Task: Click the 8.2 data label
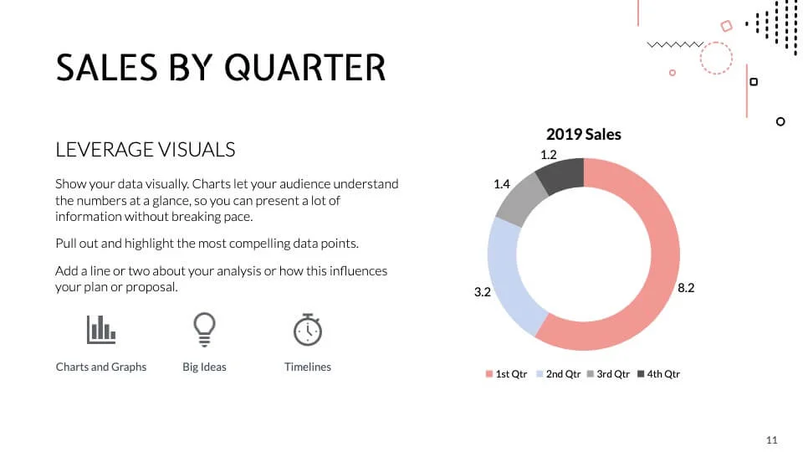point(686,287)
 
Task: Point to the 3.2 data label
point(482,292)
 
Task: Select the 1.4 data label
point(502,184)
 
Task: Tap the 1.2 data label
point(549,155)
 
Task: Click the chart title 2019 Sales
point(584,134)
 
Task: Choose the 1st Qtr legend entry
point(507,374)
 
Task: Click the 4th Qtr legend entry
point(658,374)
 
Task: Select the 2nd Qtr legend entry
point(558,374)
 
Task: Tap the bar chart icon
point(101,329)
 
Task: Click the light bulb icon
point(204,329)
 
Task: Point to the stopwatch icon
point(308,329)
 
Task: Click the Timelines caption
point(308,367)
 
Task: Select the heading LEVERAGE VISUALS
point(146,150)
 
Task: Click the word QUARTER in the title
point(305,67)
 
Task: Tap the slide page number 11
point(771,439)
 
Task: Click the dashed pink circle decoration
point(716,58)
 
